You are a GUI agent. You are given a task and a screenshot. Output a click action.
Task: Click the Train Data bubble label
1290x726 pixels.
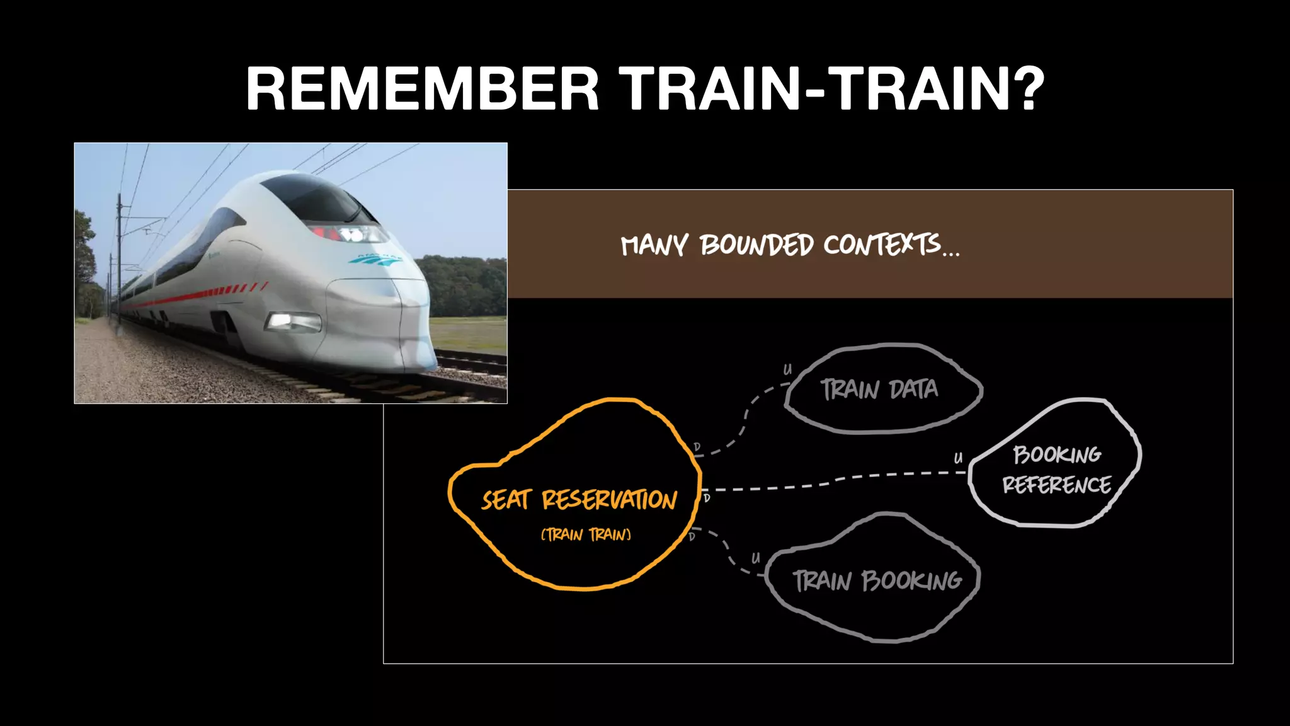[x=879, y=389]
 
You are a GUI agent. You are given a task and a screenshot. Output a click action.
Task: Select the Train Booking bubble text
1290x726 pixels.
[x=877, y=580]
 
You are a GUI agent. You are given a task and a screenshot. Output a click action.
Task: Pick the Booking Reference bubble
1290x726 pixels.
[x=1056, y=470]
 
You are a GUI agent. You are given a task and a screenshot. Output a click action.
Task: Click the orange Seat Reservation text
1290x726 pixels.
[x=579, y=500]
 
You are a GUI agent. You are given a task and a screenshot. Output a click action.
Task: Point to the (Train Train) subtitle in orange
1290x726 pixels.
[x=586, y=535]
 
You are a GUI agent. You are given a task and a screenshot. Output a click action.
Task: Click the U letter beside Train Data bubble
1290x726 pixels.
[x=787, y=370]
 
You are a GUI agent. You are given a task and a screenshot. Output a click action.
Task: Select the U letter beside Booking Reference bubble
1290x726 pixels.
[x=958, y=458]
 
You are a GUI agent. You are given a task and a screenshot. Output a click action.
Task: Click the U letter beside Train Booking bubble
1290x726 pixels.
[x=755, y=558]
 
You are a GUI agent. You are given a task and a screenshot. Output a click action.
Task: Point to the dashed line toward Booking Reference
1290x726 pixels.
[x=838, y=480]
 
